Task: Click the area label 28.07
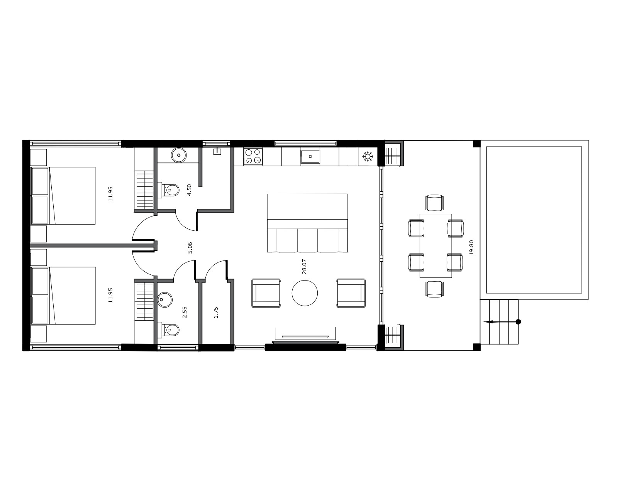tap(304, 266)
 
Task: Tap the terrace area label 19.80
tap(471, 247)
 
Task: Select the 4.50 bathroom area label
tap(189, 190)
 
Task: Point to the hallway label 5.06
tap(190, 248)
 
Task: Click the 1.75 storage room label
tap(216, 312)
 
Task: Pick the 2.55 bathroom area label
tap(185, 312)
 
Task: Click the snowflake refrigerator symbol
tap(368, 156)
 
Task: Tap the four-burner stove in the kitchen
tap(253, 156)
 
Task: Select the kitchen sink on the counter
tap(310, 157)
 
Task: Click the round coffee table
tap(305, 293)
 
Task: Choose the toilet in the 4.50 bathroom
tap(169, 190)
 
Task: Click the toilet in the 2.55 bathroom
tap(169, 330)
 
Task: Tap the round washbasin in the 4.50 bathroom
tap(178, 155)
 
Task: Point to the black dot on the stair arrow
tap(518, 322)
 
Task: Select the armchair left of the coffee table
tap(266, 293)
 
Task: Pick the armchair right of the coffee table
tap(351, 293)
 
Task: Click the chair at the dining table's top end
tap(435, 203)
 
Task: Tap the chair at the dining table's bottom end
tap(435, 289)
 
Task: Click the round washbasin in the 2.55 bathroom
tap(165, 300)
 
